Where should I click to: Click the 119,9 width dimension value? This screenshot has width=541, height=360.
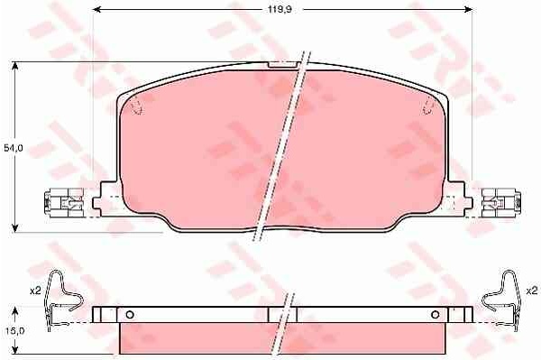(x=280, y=9)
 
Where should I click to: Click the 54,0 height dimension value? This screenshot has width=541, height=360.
(x=14, y=148)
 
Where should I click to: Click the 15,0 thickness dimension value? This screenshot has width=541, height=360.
(x=14, y=330)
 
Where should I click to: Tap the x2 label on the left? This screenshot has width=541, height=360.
(x=35, y=291)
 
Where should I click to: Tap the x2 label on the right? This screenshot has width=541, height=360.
(x=532, y=291)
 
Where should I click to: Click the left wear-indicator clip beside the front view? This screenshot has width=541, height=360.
(x=64, y=203)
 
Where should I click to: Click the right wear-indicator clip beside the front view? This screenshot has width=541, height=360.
(x=501, y=203)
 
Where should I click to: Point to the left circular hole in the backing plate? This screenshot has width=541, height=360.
(x=130, y=315)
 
